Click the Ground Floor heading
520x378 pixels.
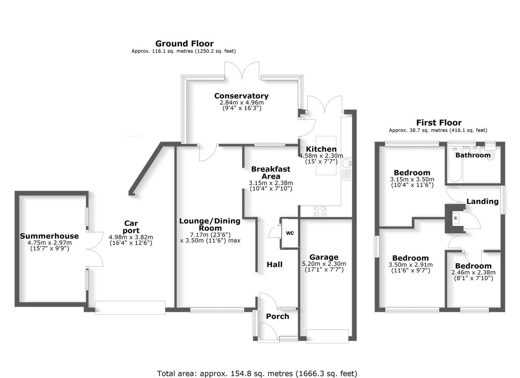click(x=184, y=44)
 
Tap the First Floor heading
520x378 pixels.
click(x=438, y=123)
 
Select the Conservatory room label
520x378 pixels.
click(x=241, y=96)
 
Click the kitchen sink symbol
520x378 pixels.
click(x=347, y=163)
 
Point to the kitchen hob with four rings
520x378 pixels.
click(x=320, y=211)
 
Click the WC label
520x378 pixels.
click(x=290, y=233)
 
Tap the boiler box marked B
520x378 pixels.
click(x=455, y=218)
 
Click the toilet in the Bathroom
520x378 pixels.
click(x=491, y=155)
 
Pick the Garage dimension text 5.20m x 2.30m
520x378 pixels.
click(x=324, y=264)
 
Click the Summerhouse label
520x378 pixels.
click(x=49, y=236)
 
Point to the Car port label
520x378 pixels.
click(x=131, y=227)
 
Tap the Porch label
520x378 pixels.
click(x=277, y=316)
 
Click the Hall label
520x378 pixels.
click(x=275, y=265)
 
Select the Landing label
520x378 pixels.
click(x=482, y=201)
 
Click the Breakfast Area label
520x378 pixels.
click(x=271, y=173)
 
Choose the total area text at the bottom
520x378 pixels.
click(x=257, y=373)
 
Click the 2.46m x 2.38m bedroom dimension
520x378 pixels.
click(x=473, y=273)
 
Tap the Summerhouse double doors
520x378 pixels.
click(x=94, y=250)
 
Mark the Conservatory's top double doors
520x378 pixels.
click(x=242, y=70)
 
